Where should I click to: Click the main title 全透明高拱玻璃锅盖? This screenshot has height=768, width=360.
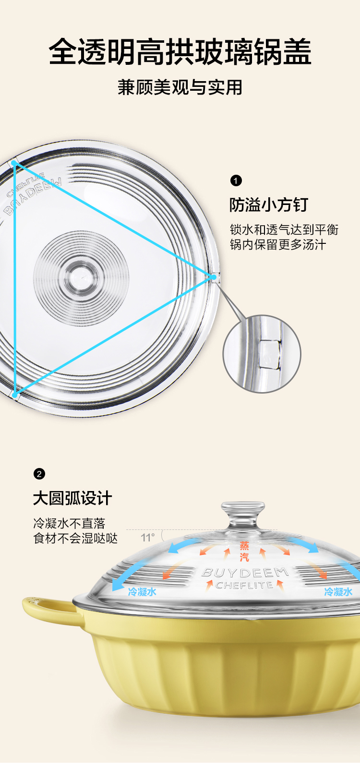point(180,52)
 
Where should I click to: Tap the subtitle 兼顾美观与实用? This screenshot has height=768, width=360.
point(180,87)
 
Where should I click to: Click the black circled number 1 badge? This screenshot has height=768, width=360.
point(236,180)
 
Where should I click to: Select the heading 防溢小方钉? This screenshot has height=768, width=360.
point(268,205)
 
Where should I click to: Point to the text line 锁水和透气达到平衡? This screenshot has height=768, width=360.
point(284,229)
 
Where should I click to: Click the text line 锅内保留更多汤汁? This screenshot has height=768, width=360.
point(278,244)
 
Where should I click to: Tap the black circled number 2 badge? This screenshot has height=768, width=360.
point(39,474)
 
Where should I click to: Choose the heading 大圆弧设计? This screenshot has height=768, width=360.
point(72,498)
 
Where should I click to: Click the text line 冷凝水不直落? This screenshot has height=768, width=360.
point(69,523)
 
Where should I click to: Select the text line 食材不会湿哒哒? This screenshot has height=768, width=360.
point(75,538)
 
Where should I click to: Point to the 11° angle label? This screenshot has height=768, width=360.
point(148,538)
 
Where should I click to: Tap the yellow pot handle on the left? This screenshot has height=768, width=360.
point(46,612)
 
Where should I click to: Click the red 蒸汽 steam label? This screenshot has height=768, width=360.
point(245,551)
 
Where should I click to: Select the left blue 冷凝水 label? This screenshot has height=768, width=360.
point(142,591)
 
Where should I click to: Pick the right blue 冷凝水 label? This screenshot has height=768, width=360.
point(338,591)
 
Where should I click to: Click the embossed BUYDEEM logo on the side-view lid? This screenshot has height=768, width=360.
point(245,573)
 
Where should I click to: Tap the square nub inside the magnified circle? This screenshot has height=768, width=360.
point(269,354)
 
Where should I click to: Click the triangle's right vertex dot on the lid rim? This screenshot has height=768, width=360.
point(213,276)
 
